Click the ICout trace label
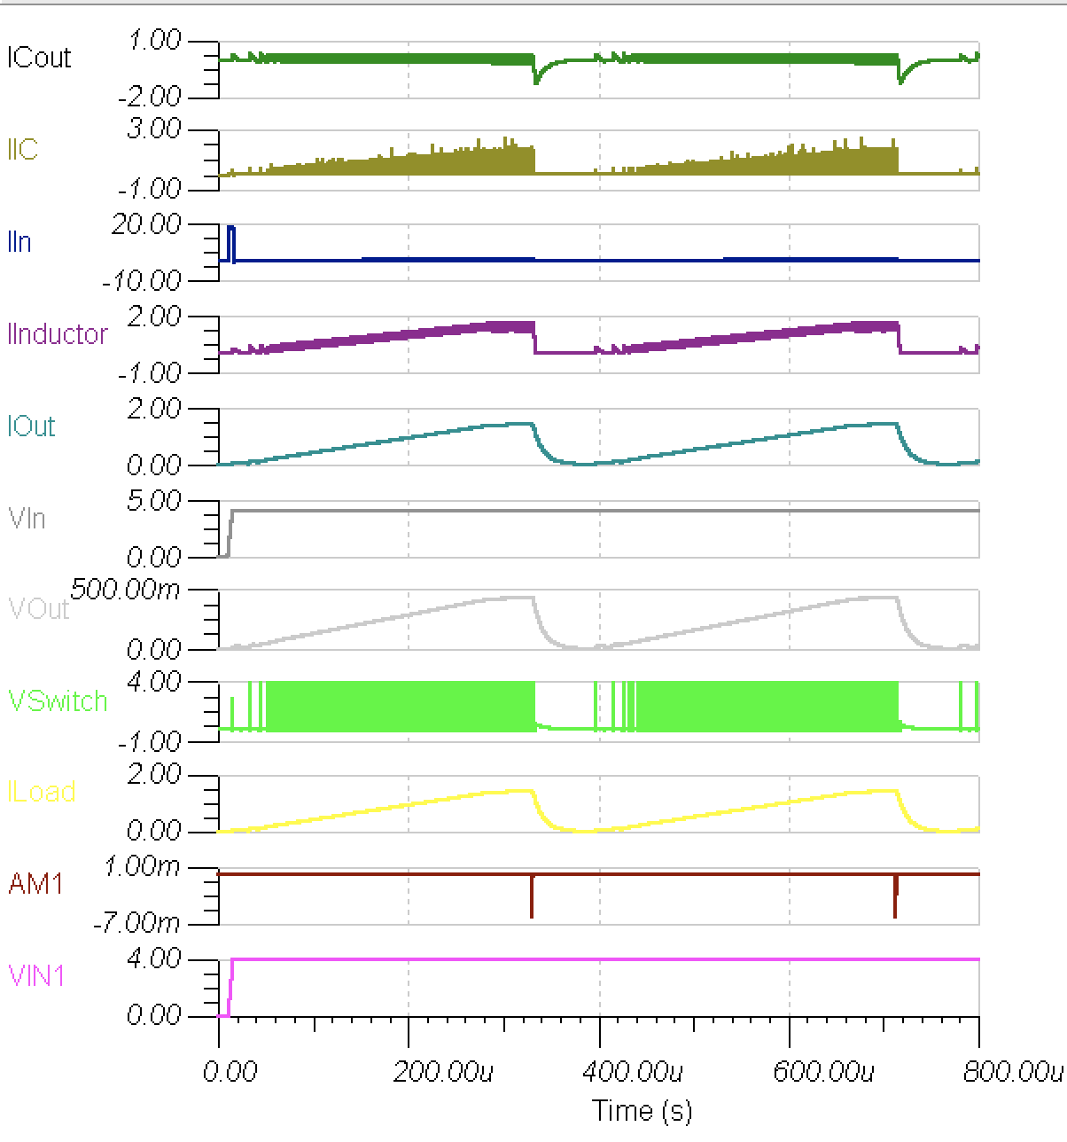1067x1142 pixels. coord(39,58)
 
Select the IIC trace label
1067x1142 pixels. coord(23,149)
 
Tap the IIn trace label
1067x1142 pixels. coord(19,241)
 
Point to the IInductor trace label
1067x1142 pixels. coord(58,333)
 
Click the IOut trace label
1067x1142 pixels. coord(31,426)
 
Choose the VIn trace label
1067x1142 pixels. coord(27,518)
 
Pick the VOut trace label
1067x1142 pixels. coord(38,609)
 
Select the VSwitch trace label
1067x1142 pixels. coord(58,701)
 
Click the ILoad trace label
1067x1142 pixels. coord(41,792)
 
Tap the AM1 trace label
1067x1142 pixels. coord(35,884)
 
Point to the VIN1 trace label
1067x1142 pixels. coord(36,976)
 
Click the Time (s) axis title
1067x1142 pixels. coord(642,1110)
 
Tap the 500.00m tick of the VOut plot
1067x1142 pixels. coord(126,590)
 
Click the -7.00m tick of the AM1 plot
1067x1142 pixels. coord(141,923)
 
